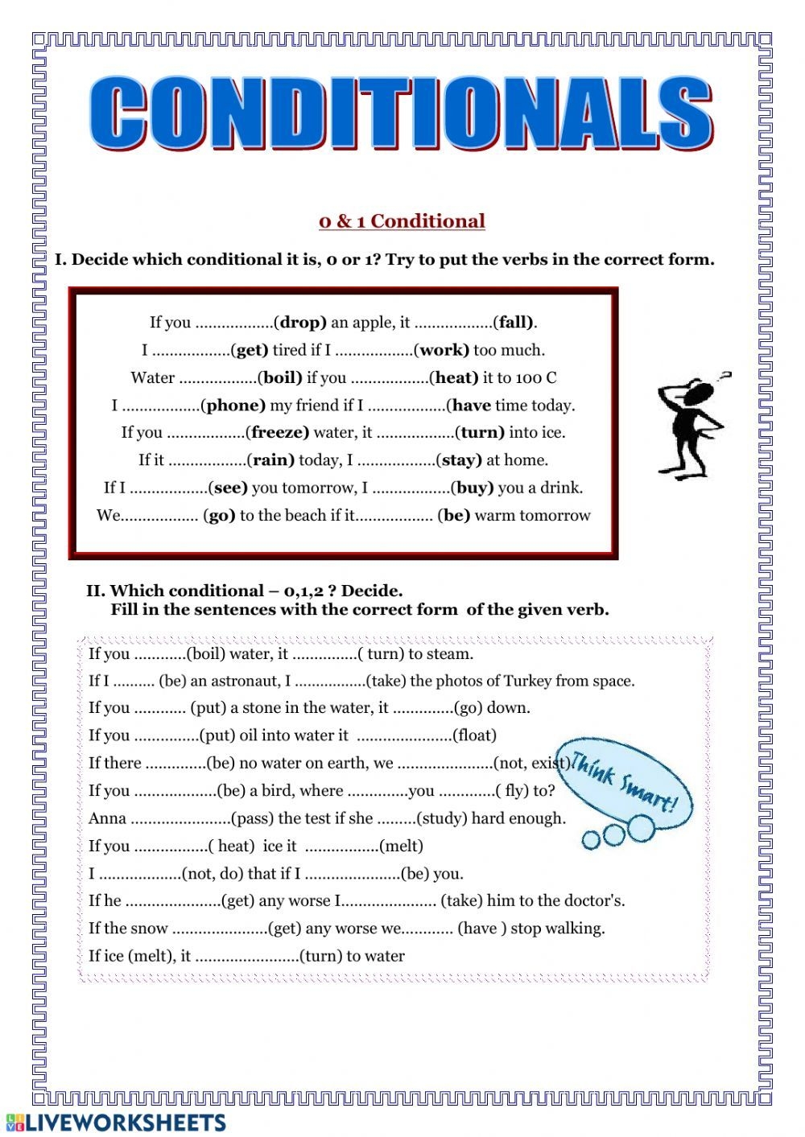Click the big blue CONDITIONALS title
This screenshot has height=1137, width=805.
400,114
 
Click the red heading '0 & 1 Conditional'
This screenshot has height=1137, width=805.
402,221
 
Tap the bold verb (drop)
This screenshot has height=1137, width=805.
300,323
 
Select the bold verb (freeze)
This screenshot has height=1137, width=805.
279,432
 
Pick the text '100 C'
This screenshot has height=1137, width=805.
536,377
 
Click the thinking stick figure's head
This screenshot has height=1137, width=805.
698,393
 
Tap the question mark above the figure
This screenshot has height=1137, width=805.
725,375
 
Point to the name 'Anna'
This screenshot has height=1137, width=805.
107,818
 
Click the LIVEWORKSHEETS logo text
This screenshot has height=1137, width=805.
125,1123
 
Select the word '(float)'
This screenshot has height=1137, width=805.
474,735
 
